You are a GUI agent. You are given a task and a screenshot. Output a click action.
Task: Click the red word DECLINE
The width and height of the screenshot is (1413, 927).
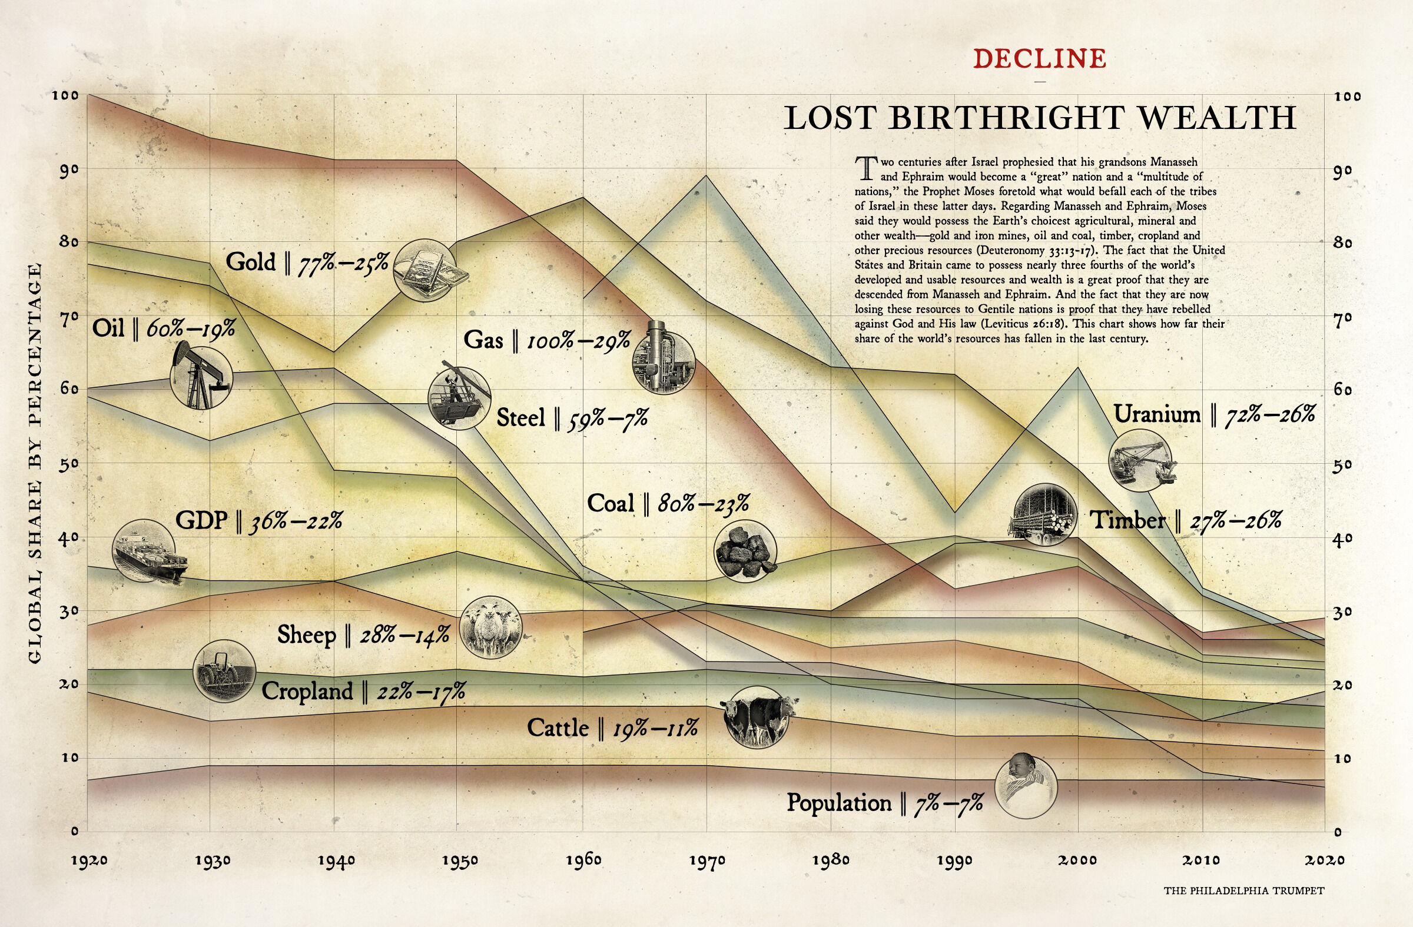click(x=1040, y=59)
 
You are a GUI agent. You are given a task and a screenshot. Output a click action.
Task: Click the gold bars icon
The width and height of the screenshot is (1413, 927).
click(x=427, y=271)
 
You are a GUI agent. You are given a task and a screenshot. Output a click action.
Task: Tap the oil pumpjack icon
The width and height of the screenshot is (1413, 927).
click(x=201, y=377)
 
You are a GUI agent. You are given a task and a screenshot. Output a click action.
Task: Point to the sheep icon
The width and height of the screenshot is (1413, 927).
click(x=490, y=627)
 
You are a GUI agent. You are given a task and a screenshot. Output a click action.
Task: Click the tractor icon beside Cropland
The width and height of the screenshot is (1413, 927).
click(x=224, y=671)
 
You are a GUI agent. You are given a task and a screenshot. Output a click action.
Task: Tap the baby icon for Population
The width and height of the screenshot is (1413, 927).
click(x=1026, y=786)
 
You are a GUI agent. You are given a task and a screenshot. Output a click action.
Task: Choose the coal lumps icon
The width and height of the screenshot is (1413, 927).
click(x=745, y=551)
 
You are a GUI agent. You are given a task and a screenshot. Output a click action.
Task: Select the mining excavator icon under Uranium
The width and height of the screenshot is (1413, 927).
click(x=1140, y=460)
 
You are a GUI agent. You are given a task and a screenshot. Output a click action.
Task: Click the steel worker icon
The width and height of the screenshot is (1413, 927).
click(x=459, y=398)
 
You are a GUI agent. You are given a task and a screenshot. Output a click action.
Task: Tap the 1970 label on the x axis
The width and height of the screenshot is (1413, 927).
click(x=706, y=860)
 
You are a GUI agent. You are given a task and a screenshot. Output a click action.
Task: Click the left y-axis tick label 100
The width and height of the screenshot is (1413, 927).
click(x=65, y=95)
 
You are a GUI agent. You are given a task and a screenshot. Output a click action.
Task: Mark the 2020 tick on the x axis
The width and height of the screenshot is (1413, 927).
click(x=1324, y=860)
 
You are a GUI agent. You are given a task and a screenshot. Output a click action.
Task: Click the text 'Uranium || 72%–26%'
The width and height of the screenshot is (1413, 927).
click(x=1213, y=414)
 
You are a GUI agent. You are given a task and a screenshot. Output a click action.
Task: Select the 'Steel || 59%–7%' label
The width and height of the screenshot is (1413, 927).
click(x=572, y=418)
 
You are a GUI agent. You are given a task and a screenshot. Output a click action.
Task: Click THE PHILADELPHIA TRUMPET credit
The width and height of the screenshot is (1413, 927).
click(x=1243, y=891)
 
